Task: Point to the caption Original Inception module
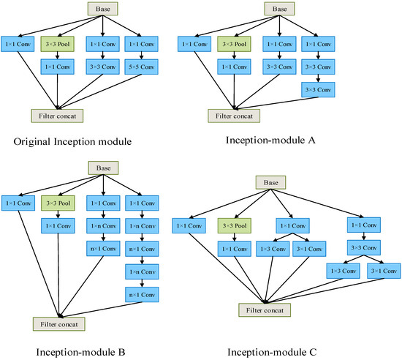pos(77,141)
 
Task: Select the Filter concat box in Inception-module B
pos(59,323)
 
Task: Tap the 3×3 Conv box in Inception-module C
pos(363,247)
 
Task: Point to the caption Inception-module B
pos(77,352)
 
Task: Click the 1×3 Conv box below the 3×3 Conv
pos(340,271)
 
